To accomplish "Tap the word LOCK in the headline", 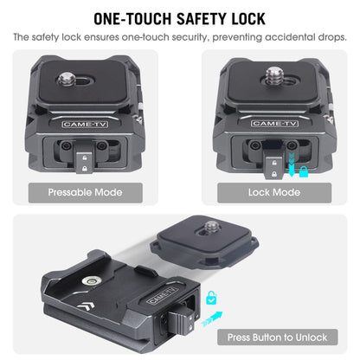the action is click(248, 19).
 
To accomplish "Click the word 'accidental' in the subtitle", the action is click(290, 37).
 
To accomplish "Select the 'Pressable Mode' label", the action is click(86, 192).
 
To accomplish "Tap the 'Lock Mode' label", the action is click(274, 192).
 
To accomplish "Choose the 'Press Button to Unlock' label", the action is click(277, 337).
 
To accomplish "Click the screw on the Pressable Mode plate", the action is click(67, 80).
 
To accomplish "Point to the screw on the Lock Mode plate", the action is click(275, 75).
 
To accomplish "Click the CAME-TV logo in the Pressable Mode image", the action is click(85, 125).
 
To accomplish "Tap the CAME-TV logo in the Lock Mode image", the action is click(274, 124).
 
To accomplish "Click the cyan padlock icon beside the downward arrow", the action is click(303, 171).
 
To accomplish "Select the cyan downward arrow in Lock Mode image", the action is click(292, 165).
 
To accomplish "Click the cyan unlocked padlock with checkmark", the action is click(211, 298).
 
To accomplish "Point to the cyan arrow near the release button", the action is click(212, 319).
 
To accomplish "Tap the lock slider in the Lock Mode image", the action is click(274, 167).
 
